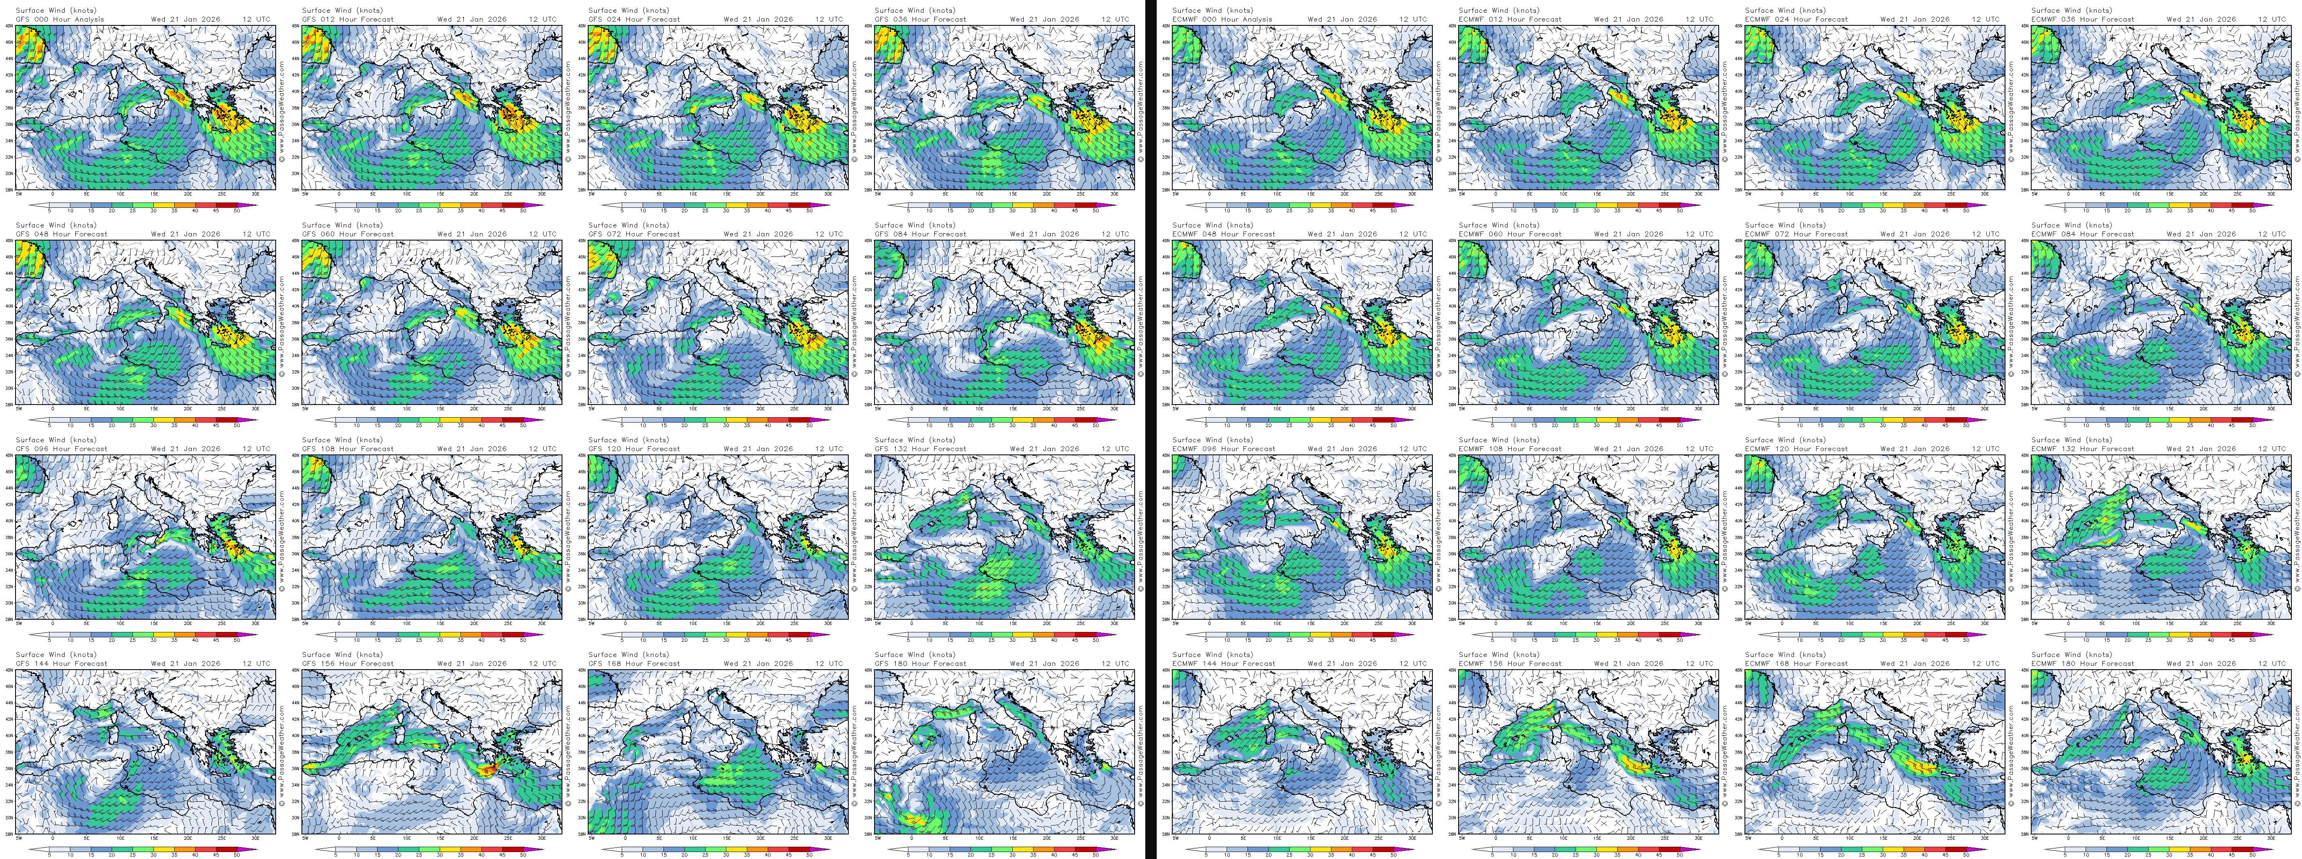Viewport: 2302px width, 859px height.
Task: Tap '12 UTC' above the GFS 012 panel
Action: [x=542, y=19]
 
